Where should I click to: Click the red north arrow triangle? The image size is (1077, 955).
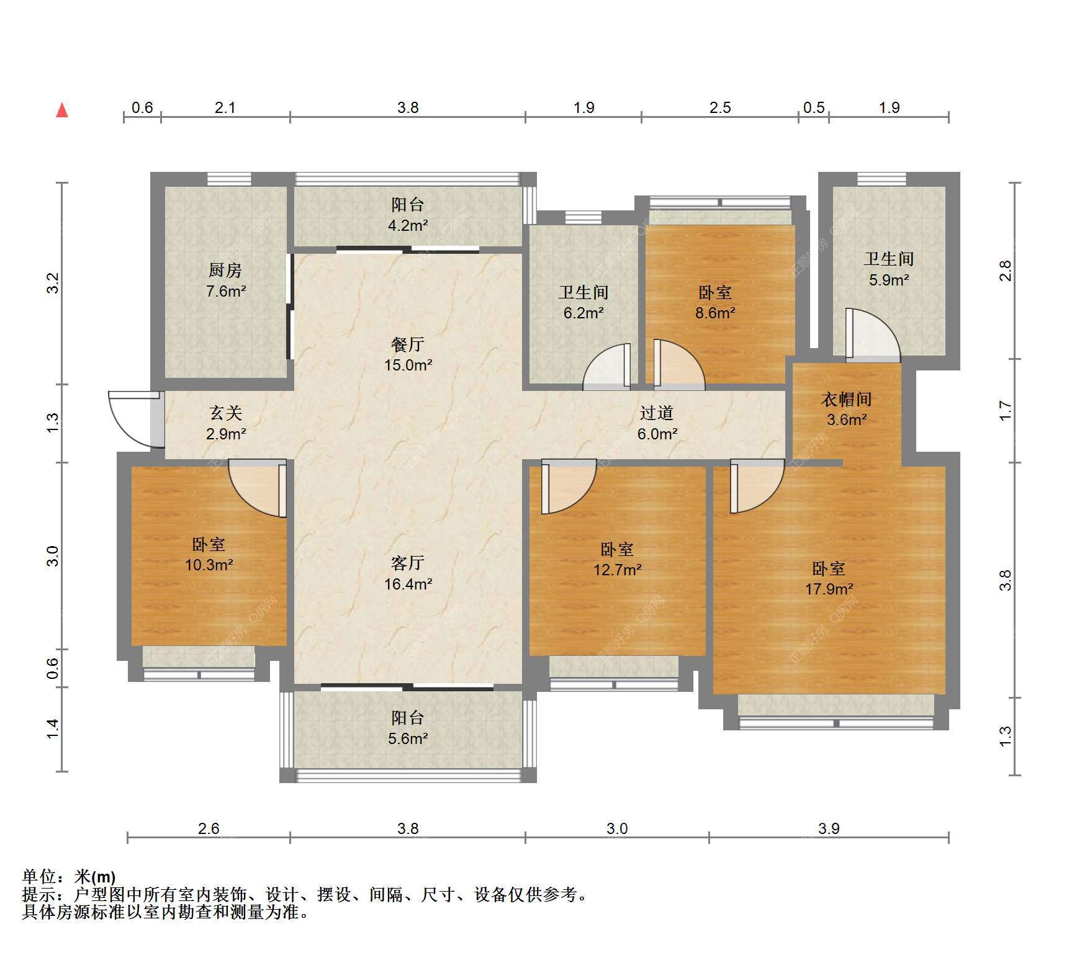[x=62, y=110]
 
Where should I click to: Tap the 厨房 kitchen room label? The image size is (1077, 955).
[x=225, y=270]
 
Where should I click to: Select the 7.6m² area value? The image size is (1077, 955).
[x=226, y=290]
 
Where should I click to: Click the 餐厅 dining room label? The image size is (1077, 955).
[x=408, y=344]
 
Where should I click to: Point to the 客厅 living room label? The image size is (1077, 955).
[x=408, y=562]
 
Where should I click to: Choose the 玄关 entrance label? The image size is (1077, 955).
[x=225, y=413]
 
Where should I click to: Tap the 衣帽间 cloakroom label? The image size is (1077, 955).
[x=847, y=399]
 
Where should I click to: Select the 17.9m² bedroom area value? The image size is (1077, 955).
[x=829, y=589]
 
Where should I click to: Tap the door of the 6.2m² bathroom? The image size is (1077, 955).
[x=607, y=367]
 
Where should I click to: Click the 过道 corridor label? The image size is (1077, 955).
[x=657, y=413]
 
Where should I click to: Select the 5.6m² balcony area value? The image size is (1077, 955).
[x=408, y=738]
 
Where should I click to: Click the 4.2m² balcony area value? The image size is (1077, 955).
[x=408, y=225]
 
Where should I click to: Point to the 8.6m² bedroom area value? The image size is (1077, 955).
[x=715, y=313]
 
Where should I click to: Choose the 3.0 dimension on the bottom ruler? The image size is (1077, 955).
[x=617, y=828]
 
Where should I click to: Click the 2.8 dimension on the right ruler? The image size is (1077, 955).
[x=1005, y=271]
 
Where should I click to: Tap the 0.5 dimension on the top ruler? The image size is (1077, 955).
[x=814, y=107]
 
